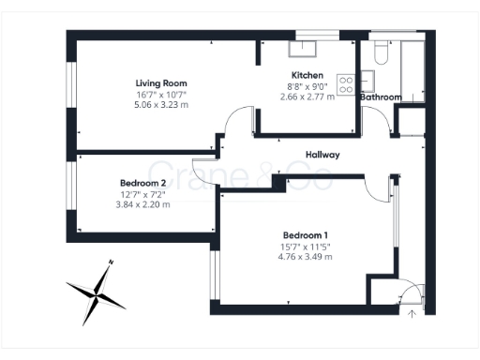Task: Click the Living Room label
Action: coord(155,83)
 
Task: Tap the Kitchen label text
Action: coord(307,76)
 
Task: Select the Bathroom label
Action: coord(382,97)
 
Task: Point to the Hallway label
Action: coord(322,155)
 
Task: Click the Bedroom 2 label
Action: coord(142,183)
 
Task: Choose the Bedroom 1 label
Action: coord(307,235)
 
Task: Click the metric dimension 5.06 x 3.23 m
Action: coord(155,105)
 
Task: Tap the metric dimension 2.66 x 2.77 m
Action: coord(307,97)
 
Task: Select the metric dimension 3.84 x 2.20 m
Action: coord(142,204)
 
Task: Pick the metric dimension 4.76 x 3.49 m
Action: coord(307,257)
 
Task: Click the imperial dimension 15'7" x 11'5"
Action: coord(307,247)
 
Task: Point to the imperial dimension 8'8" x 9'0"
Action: coord(307,86)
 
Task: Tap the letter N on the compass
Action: coord(111,262)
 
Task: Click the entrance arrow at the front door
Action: coord(412,314)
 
